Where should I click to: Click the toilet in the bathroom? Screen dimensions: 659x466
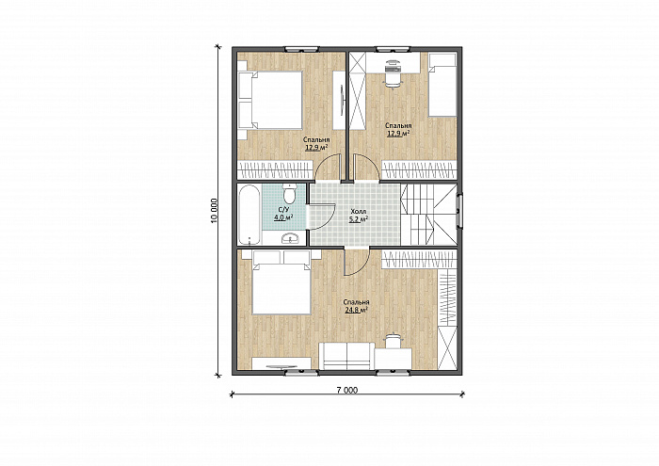coord(289,194)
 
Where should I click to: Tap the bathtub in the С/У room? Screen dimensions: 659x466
coord(249,215)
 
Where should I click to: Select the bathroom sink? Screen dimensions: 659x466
coord(290,238)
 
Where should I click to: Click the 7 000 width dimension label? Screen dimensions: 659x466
coord(347,390)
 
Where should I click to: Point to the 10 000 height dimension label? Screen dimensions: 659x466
coord(215,211)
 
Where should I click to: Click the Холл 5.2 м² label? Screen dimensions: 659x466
coord(359,216)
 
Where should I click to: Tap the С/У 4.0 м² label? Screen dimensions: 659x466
coord(283,214)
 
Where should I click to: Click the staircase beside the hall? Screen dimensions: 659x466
coord(428,215)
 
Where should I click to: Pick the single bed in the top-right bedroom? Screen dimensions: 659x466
coord(442,85)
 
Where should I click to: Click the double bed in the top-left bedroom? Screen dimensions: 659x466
coord(271,100)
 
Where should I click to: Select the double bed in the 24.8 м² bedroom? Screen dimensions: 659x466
coord(281,282)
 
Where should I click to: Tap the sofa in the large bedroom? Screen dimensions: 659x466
coord(346,356)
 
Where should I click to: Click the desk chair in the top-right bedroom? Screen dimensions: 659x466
coord(393,74)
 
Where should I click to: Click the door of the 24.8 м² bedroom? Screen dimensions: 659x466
coord(357,263)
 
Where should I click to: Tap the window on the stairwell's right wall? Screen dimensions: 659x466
coord(460,211)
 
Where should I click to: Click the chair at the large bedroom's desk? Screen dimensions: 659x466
coord(394,340)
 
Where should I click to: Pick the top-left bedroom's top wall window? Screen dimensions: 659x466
coord(301,49)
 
